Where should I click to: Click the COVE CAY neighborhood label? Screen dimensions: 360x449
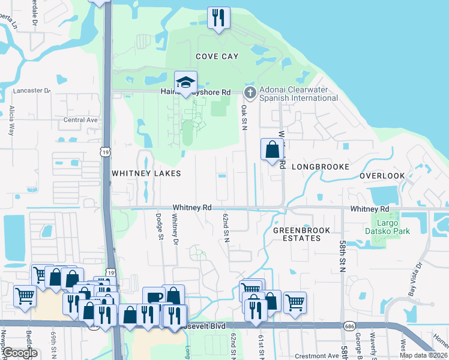pyautogui.click(x=217, y=56)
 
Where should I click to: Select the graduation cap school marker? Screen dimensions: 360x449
pyautogui.click(x=186, y=83)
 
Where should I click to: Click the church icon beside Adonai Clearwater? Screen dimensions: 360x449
pyautogui.click(x=250, y=92)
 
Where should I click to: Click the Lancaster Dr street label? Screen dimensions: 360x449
pyautogui.click(x=31, y=91)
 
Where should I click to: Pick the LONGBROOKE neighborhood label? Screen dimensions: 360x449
pyautogui.click(x=320, y=167)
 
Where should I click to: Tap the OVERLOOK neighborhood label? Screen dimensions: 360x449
pyautogui.click(x=382, y=176)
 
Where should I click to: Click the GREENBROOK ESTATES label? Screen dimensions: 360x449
pyautogui.click(x=297, y=234)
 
